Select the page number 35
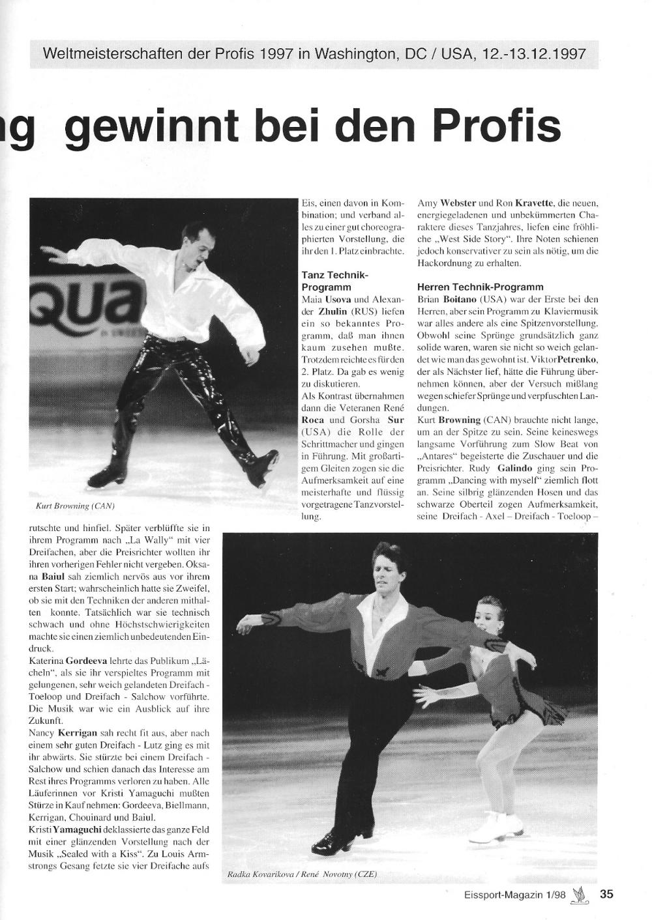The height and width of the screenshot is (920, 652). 606,894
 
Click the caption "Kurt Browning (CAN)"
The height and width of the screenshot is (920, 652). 76,506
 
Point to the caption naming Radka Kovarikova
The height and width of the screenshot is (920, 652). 301,874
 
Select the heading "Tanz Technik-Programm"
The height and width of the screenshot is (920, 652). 335,281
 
